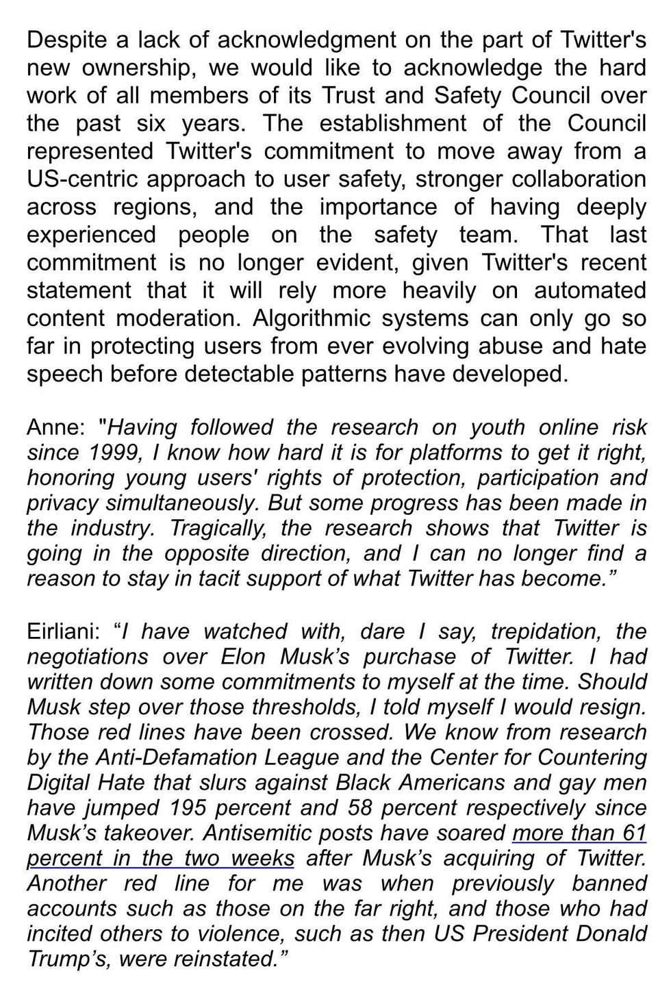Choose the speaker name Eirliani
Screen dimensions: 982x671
click(64, 631)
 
